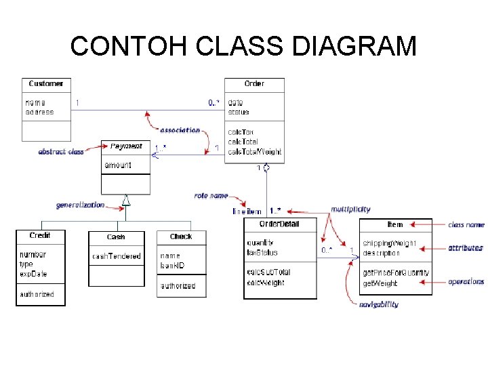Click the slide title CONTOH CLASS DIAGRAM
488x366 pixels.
(243, 46)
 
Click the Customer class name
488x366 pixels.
(46, 83)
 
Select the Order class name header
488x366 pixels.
(254, 83)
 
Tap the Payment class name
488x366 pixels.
(126, 146)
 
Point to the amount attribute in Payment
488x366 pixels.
(118, 165)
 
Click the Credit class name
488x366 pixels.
(40, 236)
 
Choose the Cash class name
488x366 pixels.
(116, 237)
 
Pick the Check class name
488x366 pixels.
(181, 237)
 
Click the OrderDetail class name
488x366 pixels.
(279, 224)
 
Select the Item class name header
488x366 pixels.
(394, 224)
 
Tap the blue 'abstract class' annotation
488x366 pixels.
(61, 152)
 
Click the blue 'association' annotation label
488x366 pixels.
(180, 130)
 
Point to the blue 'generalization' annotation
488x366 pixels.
(80, 205)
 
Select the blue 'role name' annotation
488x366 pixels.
(211, 195)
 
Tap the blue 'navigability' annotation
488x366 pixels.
(379, 304)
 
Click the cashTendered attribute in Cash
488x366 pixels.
(117, 256)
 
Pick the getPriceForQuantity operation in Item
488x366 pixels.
(395, 273)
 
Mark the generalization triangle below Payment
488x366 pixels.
(125, 199)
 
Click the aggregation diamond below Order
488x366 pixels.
(267, 167)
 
